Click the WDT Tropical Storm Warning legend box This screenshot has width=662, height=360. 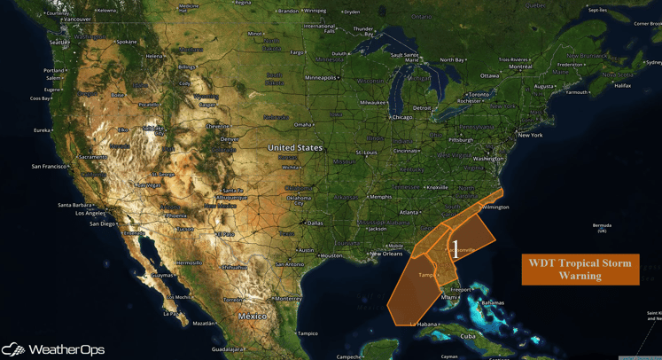580,269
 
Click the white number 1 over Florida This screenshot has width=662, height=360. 456,247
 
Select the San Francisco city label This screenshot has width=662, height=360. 50,166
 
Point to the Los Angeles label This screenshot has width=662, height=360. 90,213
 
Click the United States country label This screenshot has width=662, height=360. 295,148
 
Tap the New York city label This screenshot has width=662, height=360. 530,135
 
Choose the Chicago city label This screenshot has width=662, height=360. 401,117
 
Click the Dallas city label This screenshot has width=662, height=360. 315,223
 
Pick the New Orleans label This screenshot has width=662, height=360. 386,254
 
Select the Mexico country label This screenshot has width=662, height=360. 253,316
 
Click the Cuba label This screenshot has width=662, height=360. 467,336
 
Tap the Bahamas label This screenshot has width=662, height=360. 492,302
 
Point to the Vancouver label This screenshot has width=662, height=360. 77,19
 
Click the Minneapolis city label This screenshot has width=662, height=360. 321,77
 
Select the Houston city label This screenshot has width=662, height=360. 331,255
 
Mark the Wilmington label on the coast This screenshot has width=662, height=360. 495,207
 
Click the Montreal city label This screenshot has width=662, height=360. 520,67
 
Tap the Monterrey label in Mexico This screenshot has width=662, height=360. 289,299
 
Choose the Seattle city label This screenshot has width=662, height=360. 58,42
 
